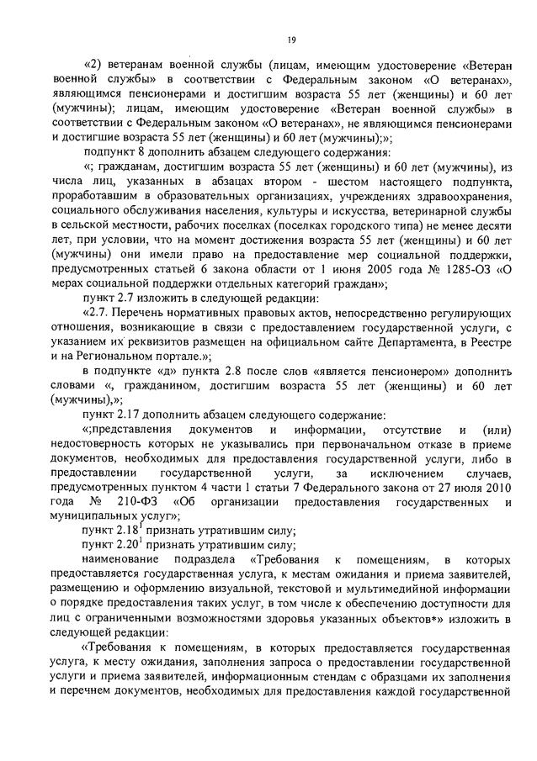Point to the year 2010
pos(496,488)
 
